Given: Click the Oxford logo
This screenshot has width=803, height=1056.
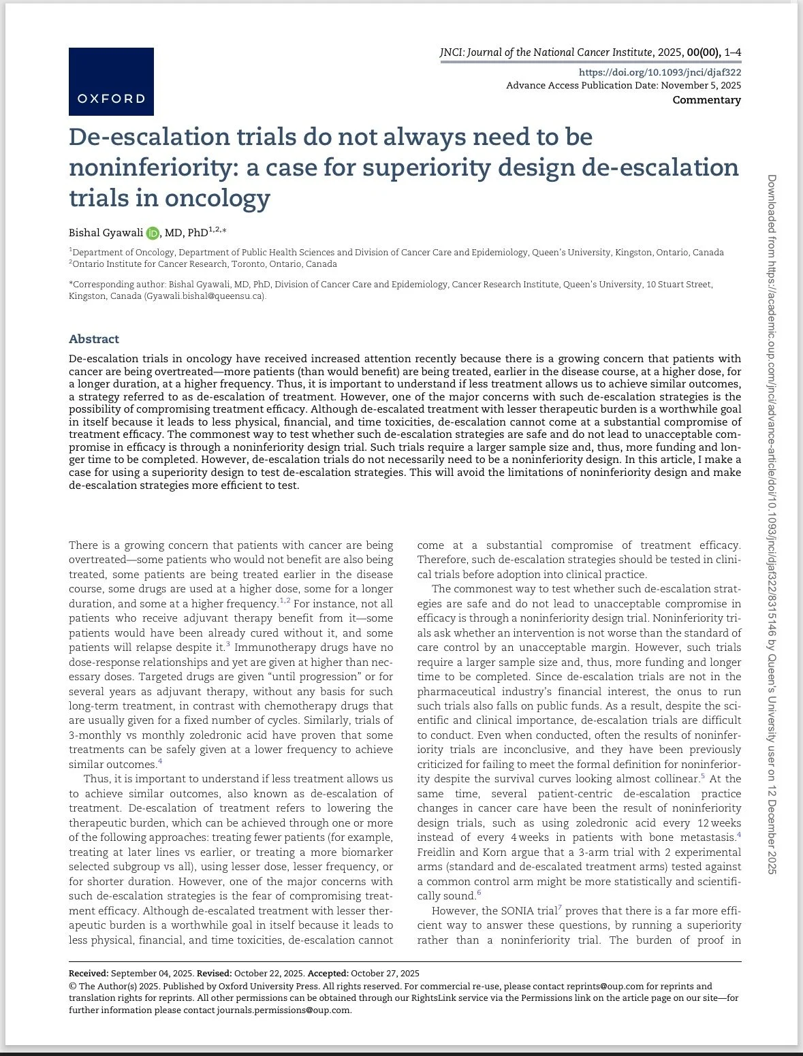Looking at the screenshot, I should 111,81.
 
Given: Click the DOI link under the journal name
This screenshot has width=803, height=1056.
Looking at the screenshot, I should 659,72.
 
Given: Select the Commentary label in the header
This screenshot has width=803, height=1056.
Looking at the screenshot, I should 706,100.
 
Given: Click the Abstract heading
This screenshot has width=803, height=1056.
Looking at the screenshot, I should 94,339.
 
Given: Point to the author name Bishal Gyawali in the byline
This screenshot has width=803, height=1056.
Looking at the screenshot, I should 106,233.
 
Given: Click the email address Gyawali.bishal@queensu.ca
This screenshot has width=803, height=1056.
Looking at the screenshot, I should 204,296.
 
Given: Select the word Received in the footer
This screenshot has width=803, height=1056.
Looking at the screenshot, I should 88,973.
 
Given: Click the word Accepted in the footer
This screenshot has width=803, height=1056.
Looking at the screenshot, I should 326,973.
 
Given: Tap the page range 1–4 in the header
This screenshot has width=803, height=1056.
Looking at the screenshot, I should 733,52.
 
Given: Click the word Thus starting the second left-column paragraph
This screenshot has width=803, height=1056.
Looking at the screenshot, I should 96,779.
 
